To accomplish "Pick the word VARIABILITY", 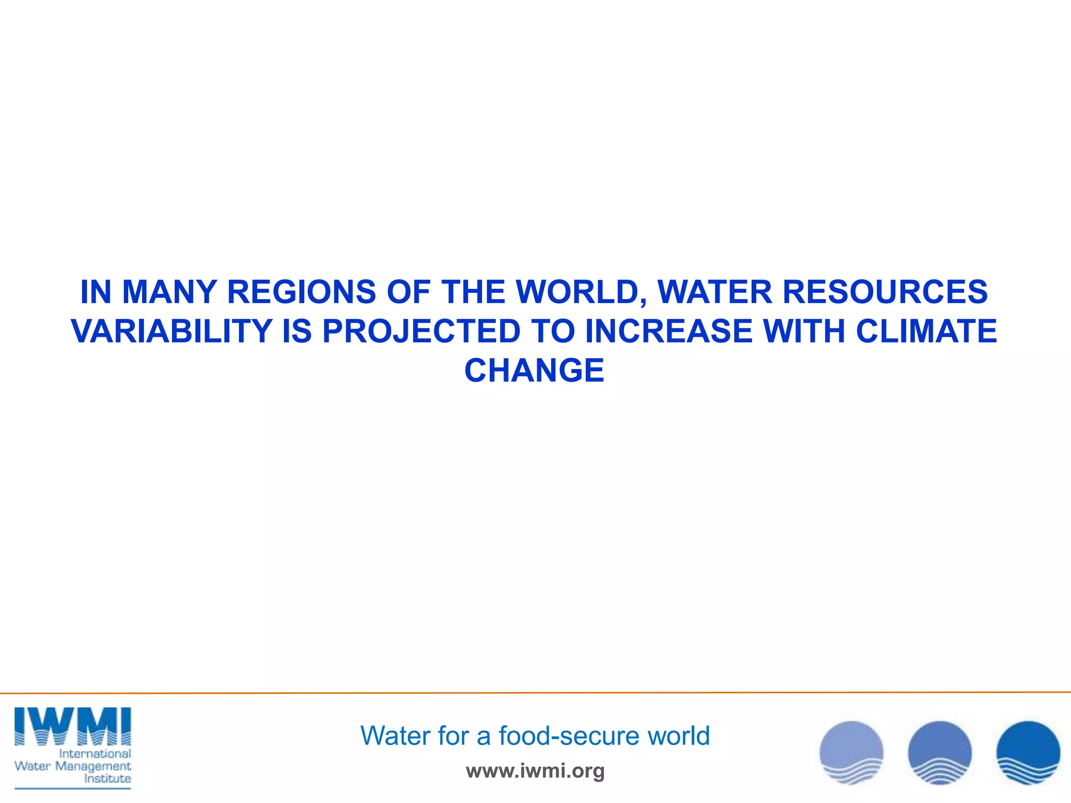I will point(172,331).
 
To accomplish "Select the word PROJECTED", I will point(421,331).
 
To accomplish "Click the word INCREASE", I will point(669,331).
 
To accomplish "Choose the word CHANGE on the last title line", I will point(534,371).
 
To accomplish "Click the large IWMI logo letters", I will point(73,726).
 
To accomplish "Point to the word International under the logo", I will point(95,754).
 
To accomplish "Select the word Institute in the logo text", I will point(107,779).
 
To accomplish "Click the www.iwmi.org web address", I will point(535,771).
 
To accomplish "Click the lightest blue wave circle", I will point(851,753).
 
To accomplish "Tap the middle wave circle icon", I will point(940,753).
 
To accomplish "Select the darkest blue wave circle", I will point(1028,753).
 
